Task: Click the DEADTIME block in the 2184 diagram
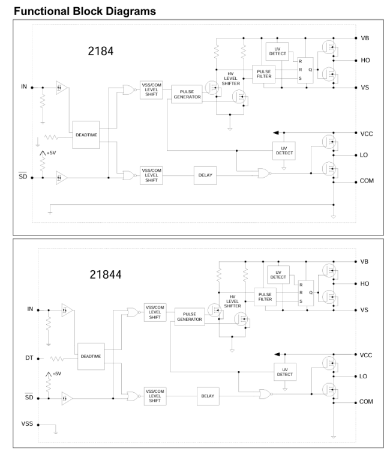86,135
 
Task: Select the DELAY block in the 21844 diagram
208,396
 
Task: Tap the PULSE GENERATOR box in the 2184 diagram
187,94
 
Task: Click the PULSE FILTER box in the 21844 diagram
265,297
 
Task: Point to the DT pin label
29,358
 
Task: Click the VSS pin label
27,424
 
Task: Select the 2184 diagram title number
101,51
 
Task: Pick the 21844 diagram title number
106,274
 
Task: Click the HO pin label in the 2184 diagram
365,60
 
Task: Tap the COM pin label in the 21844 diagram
366,402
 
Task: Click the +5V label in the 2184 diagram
51,153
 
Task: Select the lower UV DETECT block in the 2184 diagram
284,151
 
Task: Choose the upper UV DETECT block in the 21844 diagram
278,275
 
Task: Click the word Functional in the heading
42,11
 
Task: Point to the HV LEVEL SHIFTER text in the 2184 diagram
230,79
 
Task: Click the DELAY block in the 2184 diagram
205,175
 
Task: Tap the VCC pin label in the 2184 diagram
367,134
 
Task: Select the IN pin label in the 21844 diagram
30,309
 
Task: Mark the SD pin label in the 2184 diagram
23,176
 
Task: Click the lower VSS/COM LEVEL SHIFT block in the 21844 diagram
155,396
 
